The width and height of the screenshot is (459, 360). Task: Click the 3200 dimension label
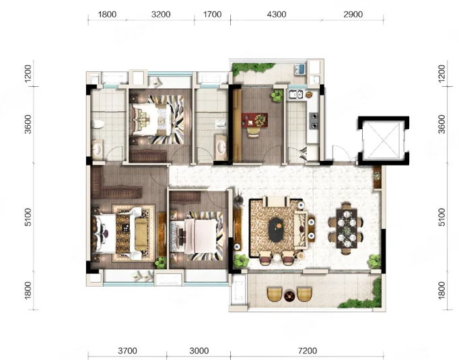(161, 14)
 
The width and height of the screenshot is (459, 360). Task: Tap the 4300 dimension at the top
(277, 14)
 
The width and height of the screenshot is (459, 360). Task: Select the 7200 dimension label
(308, 351)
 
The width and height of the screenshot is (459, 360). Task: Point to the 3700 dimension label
(127, 351)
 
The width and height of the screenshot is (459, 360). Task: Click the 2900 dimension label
(353, 14)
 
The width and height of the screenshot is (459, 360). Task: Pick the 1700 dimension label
(212, 14)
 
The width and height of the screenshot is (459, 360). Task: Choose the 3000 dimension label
(199, 351)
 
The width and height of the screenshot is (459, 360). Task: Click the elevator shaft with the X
(384, 141)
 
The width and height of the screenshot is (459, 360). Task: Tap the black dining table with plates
(347, 228)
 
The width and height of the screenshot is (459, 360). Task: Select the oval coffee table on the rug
(276, 229)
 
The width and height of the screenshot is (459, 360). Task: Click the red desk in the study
(254, 120)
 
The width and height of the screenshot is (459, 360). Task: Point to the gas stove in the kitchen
(314, 121)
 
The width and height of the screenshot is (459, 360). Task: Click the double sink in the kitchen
(295, 94)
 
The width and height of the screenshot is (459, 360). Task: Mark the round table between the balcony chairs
(289, 296)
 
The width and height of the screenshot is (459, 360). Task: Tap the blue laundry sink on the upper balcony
(300, 69)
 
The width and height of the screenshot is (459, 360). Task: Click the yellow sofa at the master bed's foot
(141, 234)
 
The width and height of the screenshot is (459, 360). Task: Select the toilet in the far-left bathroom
(98, 124)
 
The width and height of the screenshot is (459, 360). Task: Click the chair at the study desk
(254, 133)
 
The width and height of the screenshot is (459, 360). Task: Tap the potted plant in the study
(277, 96)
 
